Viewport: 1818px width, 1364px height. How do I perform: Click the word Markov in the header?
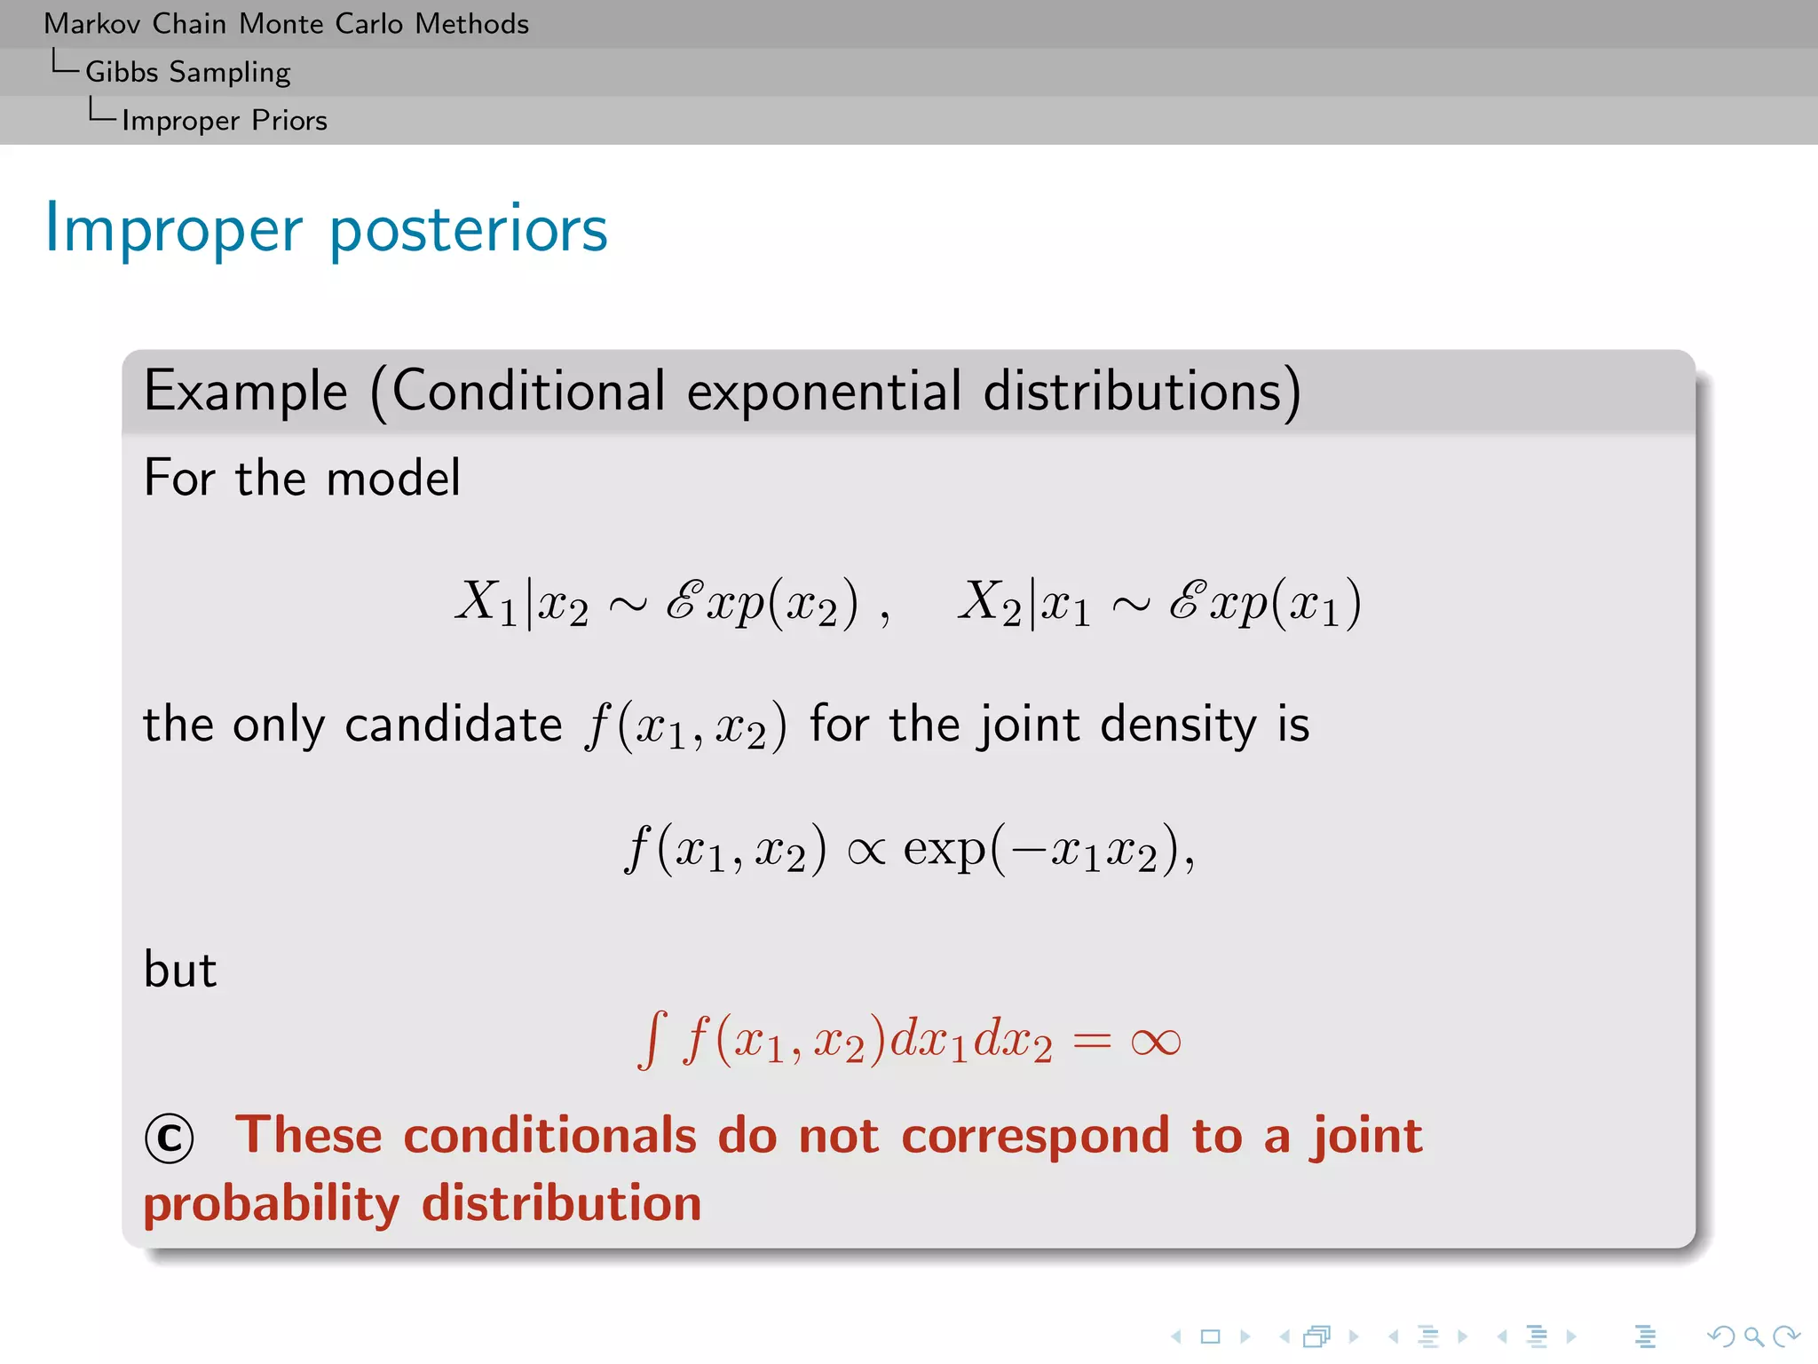91,24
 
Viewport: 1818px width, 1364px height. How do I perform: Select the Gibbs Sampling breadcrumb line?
187,72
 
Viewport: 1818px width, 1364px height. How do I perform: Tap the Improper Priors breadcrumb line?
224,120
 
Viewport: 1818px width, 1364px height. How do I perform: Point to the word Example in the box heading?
246,392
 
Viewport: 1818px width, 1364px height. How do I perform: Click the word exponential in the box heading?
824,392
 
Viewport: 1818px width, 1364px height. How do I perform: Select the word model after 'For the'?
393,478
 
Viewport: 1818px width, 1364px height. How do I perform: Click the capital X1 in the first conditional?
486,601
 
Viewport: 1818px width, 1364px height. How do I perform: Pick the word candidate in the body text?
453,725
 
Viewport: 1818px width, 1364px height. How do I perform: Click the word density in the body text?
1178,725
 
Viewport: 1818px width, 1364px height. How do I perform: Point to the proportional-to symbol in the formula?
866,851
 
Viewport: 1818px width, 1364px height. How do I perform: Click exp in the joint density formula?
944,851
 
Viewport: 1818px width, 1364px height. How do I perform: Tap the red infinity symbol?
1155,1042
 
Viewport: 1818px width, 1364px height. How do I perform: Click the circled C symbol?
169,1138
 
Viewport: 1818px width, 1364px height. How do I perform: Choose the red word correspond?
1035,1137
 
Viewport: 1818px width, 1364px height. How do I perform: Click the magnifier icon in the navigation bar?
1752,1336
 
